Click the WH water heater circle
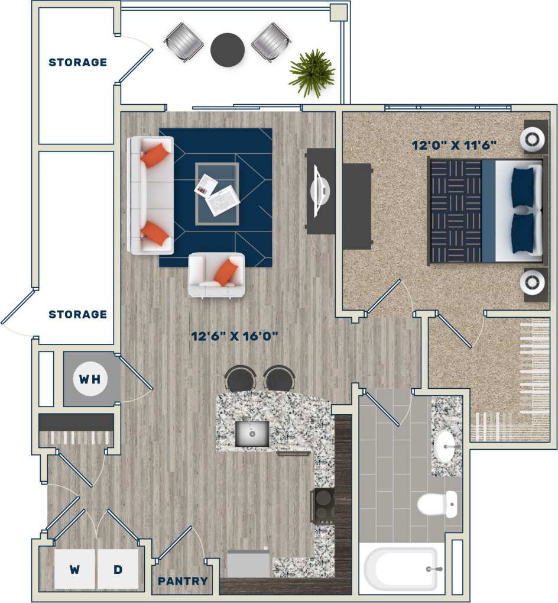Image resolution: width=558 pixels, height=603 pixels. pos(90,379)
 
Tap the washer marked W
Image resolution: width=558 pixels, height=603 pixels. pos(75,569)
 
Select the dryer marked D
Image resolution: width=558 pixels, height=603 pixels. pos(118,569)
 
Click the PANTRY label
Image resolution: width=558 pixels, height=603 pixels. pos(183,581)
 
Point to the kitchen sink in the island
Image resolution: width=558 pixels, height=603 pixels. pos(253,434)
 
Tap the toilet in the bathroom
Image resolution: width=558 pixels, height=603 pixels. pos(437,505)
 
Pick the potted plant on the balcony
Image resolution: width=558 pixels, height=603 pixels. pos(312,72)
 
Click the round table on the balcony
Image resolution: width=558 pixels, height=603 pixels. pos(228,49)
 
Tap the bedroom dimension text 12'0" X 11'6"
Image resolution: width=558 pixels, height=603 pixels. pos(453,144)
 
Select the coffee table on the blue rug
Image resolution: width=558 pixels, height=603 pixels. pos(217,193)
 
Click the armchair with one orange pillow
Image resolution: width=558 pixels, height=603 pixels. pos(216,275)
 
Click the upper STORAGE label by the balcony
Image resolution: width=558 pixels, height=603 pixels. pos(78,62)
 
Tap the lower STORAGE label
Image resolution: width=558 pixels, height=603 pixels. pos(78,314)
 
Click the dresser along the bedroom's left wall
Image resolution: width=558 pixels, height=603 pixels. pos(357,206)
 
